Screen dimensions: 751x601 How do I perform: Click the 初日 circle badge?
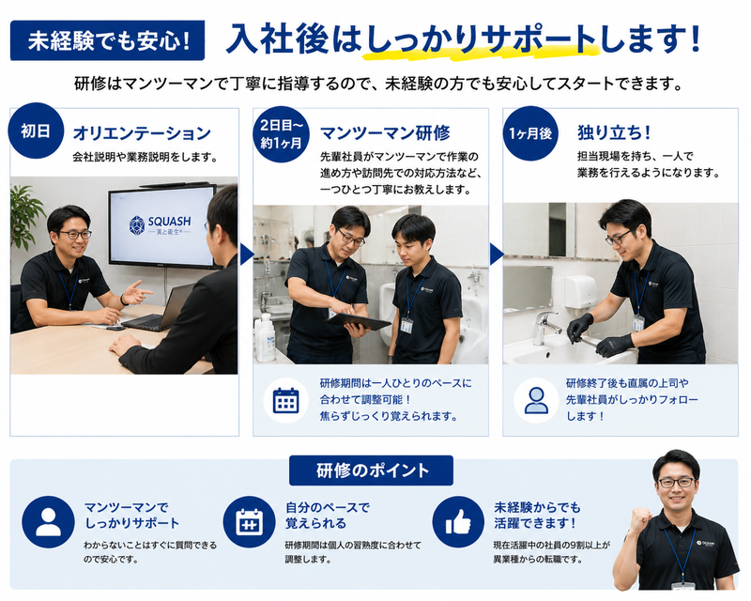[x=36, y=131]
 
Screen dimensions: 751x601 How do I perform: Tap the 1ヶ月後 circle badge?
[x=530, y=133]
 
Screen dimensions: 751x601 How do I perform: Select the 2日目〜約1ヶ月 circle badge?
[x=281, y=134]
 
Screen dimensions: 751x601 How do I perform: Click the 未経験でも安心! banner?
[x=107, y=40]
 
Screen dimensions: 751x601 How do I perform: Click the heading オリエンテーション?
[x=142, y=132]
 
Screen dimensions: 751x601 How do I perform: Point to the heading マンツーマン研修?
[x=385, y=132]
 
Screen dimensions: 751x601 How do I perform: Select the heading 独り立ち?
[x=614, y=132]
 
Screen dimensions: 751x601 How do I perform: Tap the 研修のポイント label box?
[x=371, y=470]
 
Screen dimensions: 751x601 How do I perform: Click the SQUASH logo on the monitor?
[x=161, y=225]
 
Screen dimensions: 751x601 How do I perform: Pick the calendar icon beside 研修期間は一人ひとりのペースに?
[x=286, y=400]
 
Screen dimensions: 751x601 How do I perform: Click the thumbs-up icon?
[x=458, y=522]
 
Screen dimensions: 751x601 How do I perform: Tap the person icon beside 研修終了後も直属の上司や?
[x=536, y=400]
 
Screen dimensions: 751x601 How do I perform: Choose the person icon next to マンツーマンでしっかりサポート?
[x=49, y=522]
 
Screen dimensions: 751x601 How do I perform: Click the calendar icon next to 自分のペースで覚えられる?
[x=249, y=522]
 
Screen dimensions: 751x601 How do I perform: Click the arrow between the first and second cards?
[x=246, y=254]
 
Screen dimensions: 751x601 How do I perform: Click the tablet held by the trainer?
[x=360, y=322]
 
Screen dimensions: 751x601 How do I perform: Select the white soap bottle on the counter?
[x=266, y=338]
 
